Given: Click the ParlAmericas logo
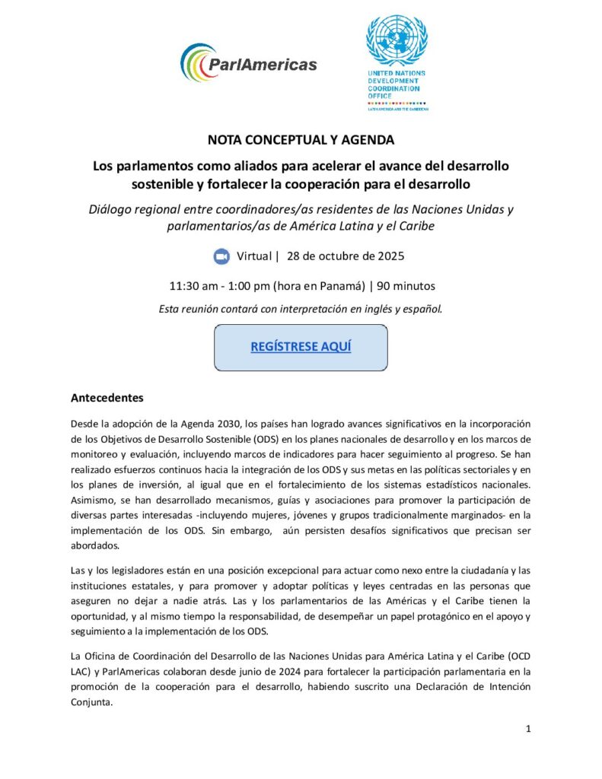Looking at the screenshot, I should coord(248,63).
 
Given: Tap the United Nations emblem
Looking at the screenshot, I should coord(397,40).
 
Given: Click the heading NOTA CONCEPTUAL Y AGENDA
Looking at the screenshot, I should coord(301,140).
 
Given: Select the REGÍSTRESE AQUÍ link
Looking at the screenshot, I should coord(301,347).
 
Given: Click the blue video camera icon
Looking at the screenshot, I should coord(221,256).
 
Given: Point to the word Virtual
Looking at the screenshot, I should coord(253,256).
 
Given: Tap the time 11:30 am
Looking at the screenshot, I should coord(193,286).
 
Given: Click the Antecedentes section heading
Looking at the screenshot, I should coord(107,398).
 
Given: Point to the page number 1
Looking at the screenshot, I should coord(528,730).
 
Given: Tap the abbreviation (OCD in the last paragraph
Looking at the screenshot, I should coord(518,655).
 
